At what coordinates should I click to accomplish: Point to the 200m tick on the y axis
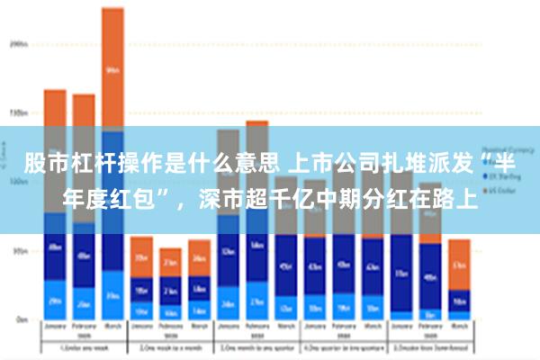(x=16, y=42)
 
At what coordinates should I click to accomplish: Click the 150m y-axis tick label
(x=16, y=113)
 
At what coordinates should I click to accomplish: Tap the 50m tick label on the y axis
(x=16, y=252)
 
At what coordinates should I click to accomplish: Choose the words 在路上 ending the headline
(x=438, y=197)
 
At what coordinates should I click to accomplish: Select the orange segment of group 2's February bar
(x=170, y=262)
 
